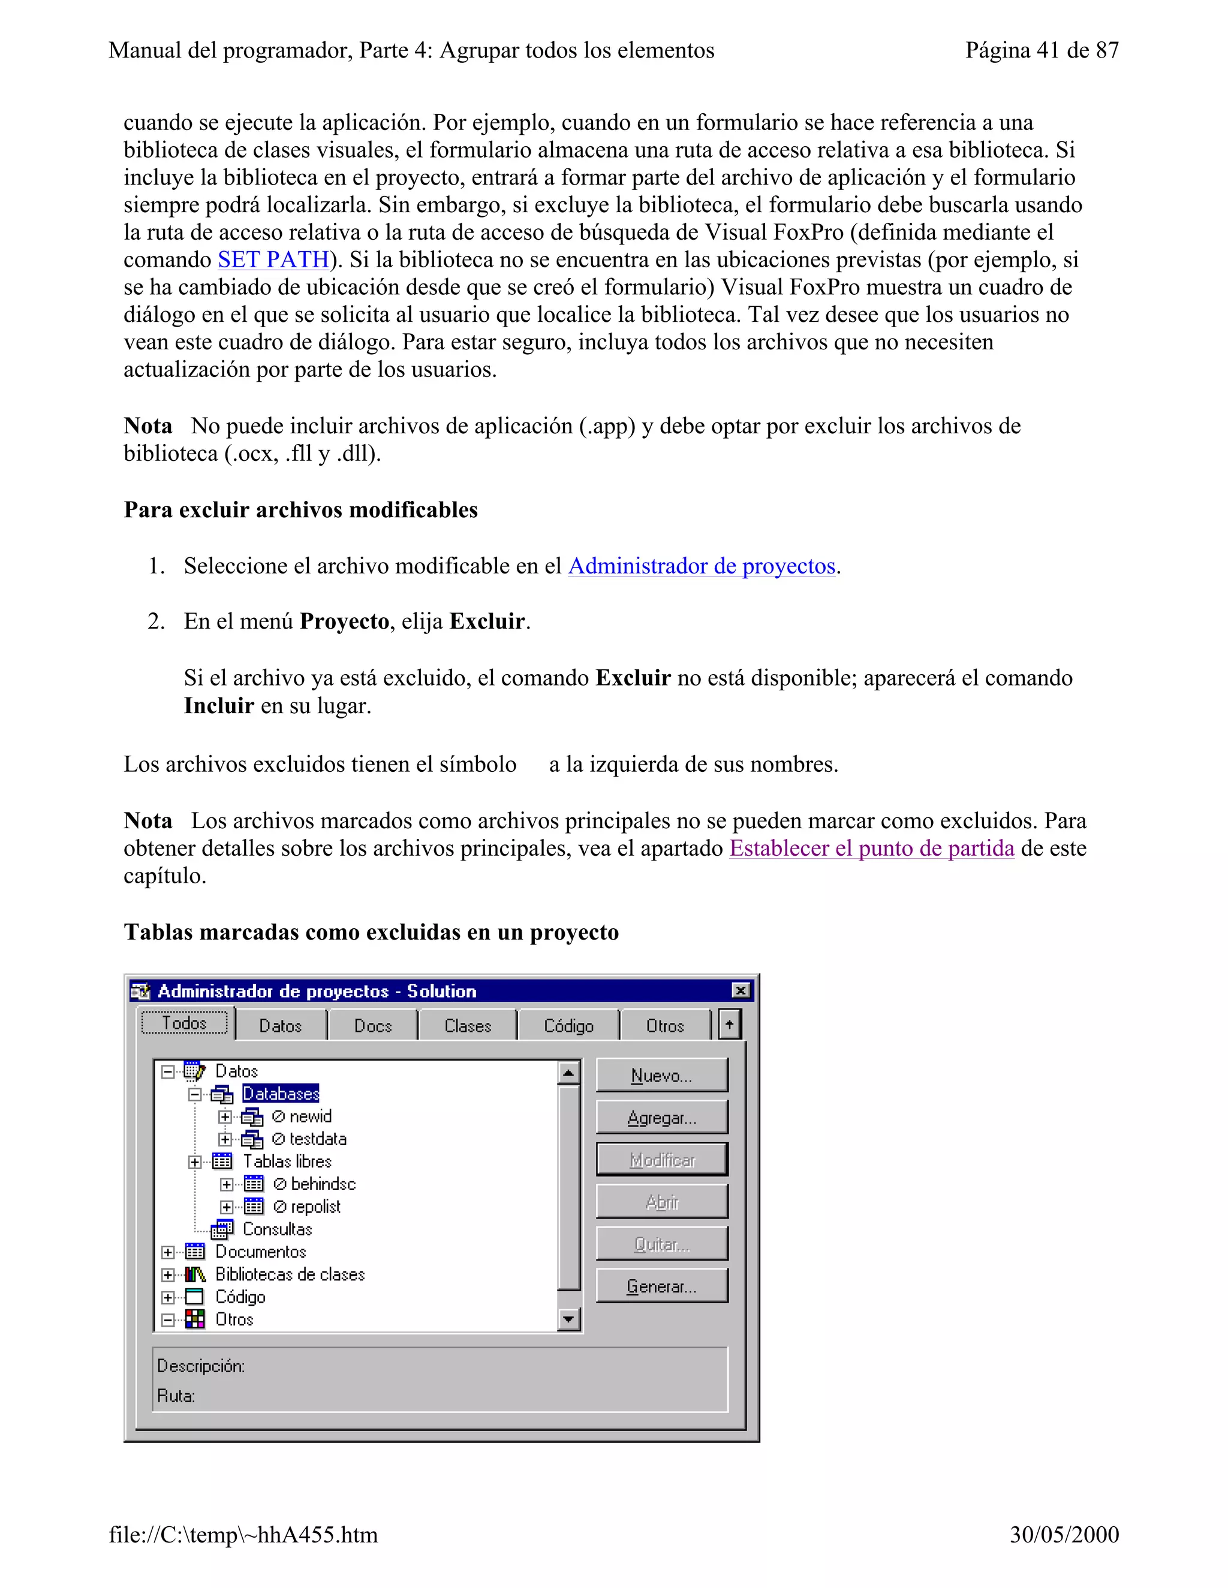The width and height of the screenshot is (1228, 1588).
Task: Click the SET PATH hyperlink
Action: pos(273,259)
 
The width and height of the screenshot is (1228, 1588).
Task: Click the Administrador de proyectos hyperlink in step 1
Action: pos(702,566)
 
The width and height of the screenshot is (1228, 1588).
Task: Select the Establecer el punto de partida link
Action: pos(871,849)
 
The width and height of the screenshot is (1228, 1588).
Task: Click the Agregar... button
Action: pos(661,1118)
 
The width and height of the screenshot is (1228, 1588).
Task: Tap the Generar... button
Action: pos(661,1286)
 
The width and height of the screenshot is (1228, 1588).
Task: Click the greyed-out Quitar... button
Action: pos(661,1244)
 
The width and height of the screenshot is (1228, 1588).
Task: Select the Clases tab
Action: pos(468,1026)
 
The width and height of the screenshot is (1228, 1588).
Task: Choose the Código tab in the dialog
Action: pos(568,1026)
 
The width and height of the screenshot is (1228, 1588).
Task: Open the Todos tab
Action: pos(185,1023)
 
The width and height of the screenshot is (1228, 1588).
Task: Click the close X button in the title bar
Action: pos(740,991)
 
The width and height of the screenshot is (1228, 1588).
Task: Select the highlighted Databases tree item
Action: pos(280,1094)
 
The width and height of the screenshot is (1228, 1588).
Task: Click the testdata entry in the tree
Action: pos(317,1139)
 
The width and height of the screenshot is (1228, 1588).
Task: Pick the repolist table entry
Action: pos(315,1206)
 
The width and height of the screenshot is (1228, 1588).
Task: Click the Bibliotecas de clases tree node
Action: pos(290,1274)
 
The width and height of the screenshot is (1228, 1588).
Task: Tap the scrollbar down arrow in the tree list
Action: pos(569,1319)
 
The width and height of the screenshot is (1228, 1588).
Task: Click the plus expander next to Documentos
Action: pos(168,1252)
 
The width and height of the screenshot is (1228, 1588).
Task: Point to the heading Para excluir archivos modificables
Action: pos(300,510)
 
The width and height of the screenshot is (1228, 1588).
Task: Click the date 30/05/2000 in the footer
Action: pos(1064,1534)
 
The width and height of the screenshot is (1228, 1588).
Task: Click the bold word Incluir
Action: pos(218,705)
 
